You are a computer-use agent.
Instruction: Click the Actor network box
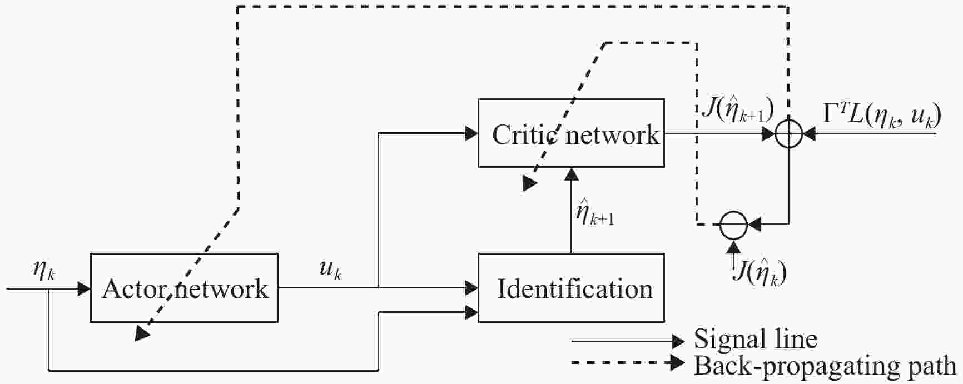(184, 288)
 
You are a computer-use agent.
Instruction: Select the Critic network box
(571, 133)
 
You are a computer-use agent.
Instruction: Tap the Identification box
(571, 288)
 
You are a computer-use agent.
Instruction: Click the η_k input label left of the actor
(43, 273)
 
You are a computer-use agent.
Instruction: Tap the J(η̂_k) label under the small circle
(760, 273)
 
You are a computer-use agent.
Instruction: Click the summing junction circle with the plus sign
(788, 134)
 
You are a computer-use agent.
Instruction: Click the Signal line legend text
(756, 339)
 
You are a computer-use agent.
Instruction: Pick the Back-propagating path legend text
(825, 366)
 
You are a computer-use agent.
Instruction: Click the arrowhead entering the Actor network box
(85, 288)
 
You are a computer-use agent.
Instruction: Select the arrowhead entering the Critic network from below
(571, 174)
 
